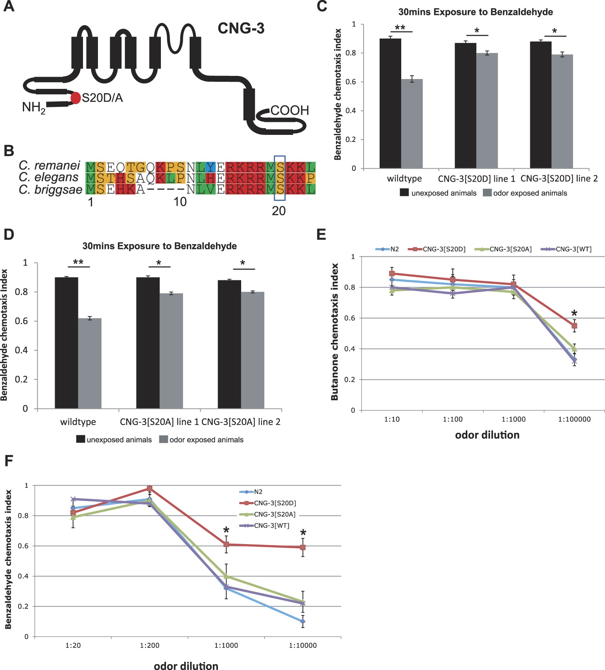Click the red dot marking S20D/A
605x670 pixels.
click(x=76, y=98)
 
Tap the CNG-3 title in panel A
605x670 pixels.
click(x=241, y=28)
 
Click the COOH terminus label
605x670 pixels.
click(x=290, y=110)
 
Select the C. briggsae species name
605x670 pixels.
click(x=50, y=190)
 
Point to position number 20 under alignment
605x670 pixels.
click(x=279, y=211)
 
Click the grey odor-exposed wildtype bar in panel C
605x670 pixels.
click(x=412, y=124)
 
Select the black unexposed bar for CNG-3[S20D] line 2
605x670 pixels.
click(x=540, y=105)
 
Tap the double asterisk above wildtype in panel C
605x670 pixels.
click(x=400, y=28)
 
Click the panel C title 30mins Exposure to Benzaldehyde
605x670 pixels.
click(x=475, y=12)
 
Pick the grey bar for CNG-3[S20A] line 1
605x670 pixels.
click(x=171, y=351)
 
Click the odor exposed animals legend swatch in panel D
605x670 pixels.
click(x=163, y=440)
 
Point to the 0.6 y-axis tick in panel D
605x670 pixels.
click(x=24, y=321)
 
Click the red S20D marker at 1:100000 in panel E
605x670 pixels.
click(x=574, y=326)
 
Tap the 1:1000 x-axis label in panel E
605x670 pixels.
click(x=513, y=420)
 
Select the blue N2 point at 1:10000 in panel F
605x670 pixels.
click(x=302, y=622)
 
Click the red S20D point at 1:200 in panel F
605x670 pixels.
click(x=149, y=488)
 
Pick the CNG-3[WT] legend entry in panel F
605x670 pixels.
click(x=271, y=526)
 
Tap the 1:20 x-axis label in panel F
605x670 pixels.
click(x=73, y=646)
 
